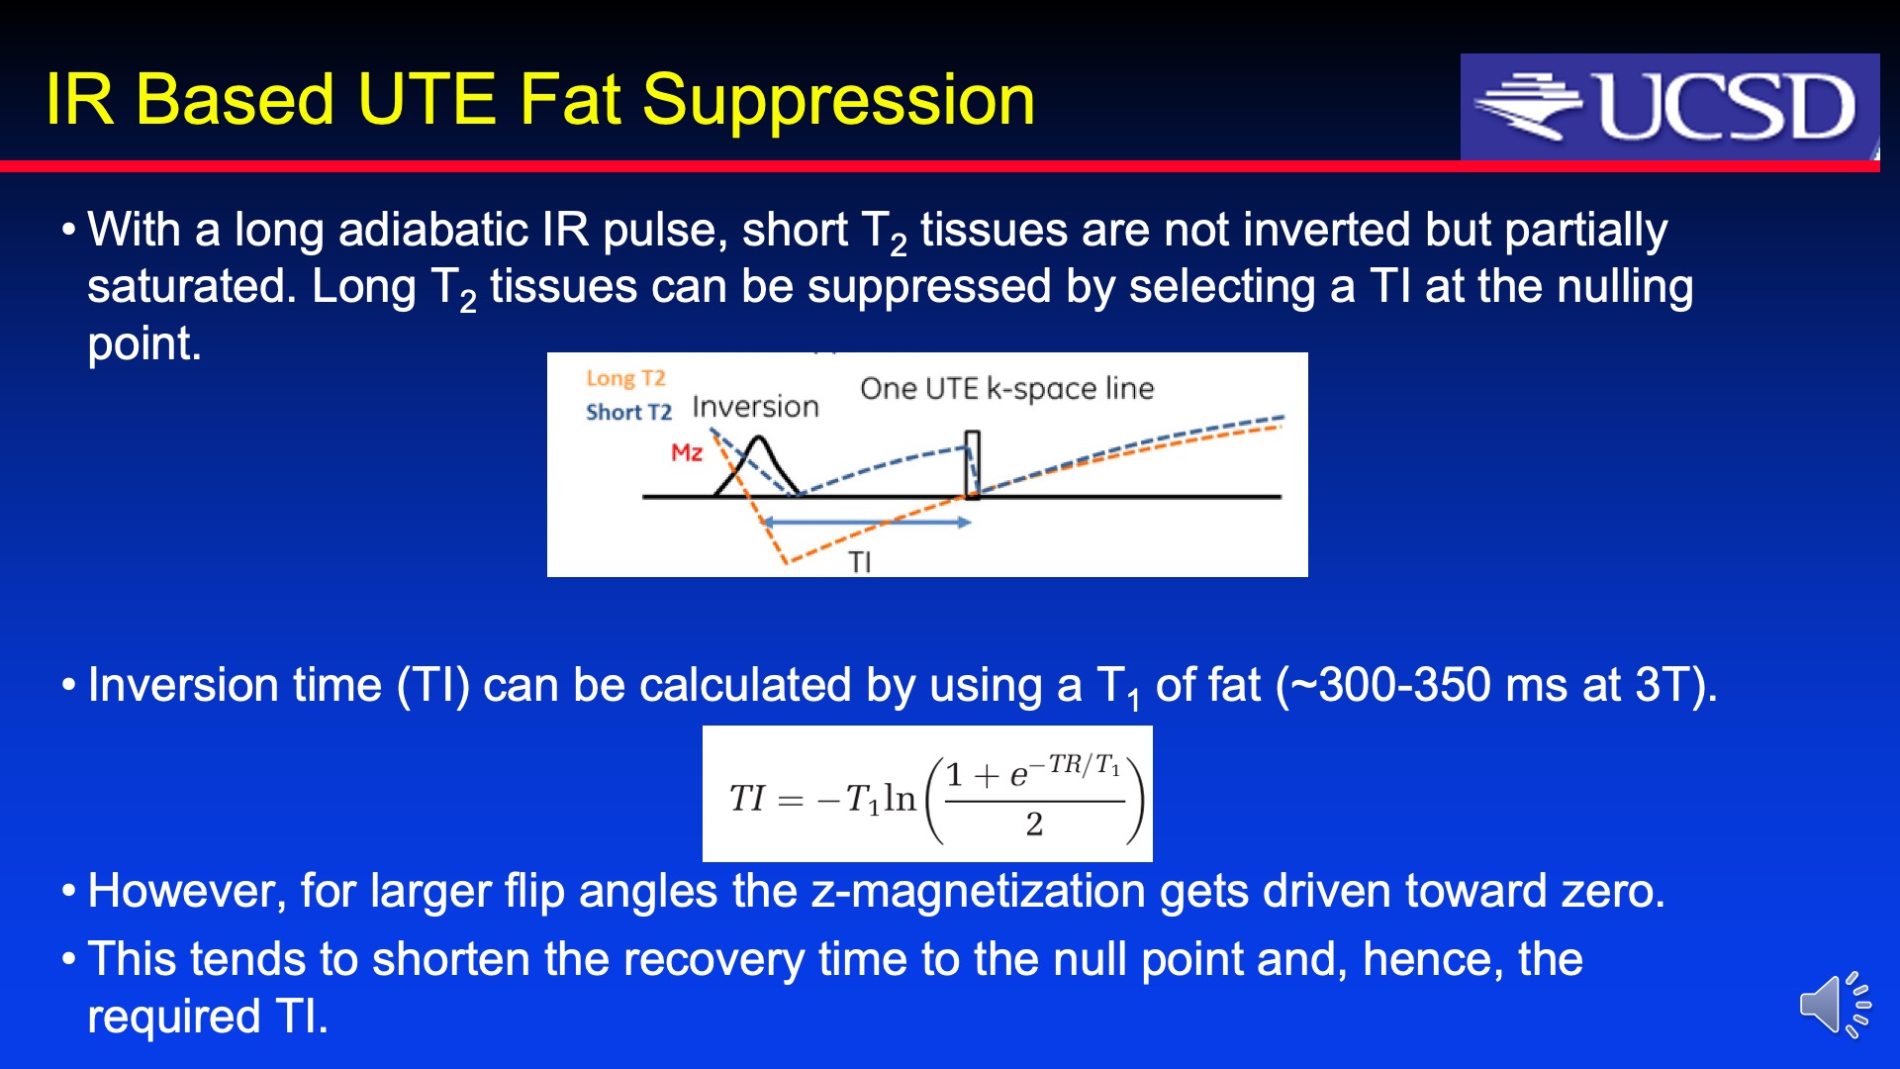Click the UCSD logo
click(x=1669, y=106)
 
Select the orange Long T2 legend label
click(x=625, y=378)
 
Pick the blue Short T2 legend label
click(x=628, y=412)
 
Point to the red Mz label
click(x=687, y=452)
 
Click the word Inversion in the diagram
click(x=756, y=406)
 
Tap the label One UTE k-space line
click(x=1007, y=388)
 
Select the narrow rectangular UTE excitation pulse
click(x=973, y=464)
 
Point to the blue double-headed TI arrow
click(x=867, y=522)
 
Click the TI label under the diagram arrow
click(x=860, y=562)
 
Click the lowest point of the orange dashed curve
click(x=786, y=562)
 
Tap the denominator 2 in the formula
click(x=1034, y=824)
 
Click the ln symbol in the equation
click(x=901, y=798)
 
